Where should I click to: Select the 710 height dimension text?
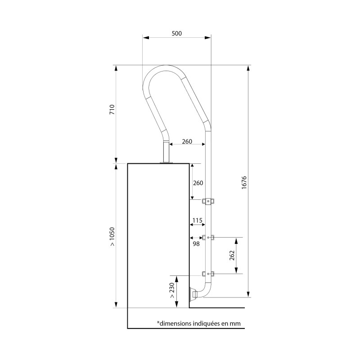[112, 111]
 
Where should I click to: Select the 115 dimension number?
[197, 220]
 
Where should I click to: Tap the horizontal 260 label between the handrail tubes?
[187, 141]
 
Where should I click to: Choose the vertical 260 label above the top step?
[198, 183]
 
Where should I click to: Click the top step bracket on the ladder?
[208, 201]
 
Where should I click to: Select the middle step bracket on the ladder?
[208, 237]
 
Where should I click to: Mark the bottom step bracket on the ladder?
[208, 274]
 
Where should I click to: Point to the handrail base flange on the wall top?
[166, 162]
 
